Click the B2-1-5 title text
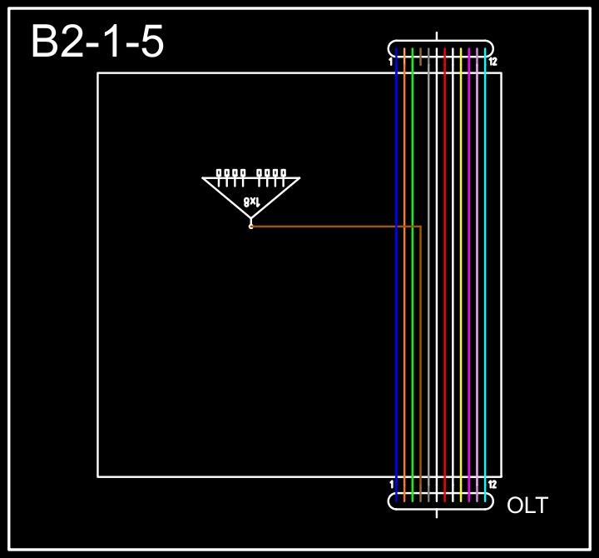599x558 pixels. [97, 42]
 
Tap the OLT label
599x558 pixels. [527, 505]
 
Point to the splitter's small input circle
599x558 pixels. [250, 226]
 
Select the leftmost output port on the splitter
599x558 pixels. [219, 173]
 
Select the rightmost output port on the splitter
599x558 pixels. [283, 173]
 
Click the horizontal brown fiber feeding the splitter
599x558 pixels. [333, 226]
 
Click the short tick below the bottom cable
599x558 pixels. [438, 513]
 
